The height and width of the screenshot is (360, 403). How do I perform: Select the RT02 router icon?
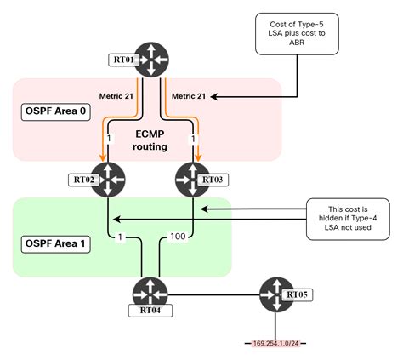coord(108,179)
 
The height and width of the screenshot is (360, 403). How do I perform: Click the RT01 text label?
coord(124,60)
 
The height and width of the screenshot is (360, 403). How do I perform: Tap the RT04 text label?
coord(150,311)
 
